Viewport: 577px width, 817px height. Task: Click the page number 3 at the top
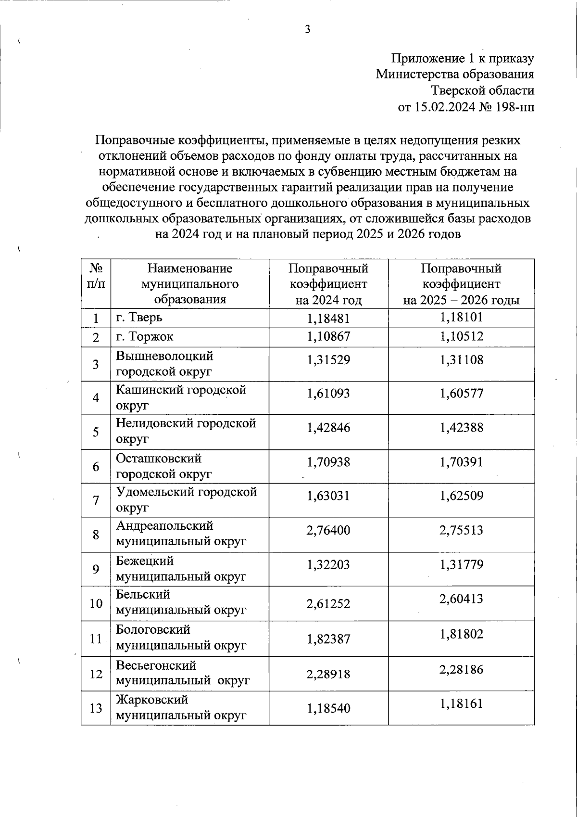point(308,30)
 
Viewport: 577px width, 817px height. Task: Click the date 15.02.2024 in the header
point(444,106)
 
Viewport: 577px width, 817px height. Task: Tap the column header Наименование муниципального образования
point(189,284)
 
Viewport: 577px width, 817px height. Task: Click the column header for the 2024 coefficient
point(328,284)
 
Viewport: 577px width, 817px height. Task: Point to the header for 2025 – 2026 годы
point(461,284)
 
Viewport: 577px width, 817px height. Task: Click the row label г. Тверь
point(139,318)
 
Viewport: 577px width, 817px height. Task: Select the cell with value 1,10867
point(328,337)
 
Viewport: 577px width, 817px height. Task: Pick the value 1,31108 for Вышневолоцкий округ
point(461,360)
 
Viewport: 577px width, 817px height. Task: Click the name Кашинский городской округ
point(181,397)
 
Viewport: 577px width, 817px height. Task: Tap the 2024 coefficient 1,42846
point(328,428)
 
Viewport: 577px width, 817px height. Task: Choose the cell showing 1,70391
point(461,462)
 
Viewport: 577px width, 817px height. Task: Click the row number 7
point(96,500)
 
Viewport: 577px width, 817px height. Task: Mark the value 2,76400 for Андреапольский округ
point(328,531)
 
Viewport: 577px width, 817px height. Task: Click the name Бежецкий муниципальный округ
point(181,568)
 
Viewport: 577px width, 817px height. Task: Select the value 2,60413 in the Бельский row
point(461,599)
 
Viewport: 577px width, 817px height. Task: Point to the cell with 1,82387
point(328,639)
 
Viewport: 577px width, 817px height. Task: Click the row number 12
point(96,674)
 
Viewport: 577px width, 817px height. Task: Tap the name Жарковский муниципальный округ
point(181,707)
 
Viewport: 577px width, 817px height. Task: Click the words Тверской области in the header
point(482,90)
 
